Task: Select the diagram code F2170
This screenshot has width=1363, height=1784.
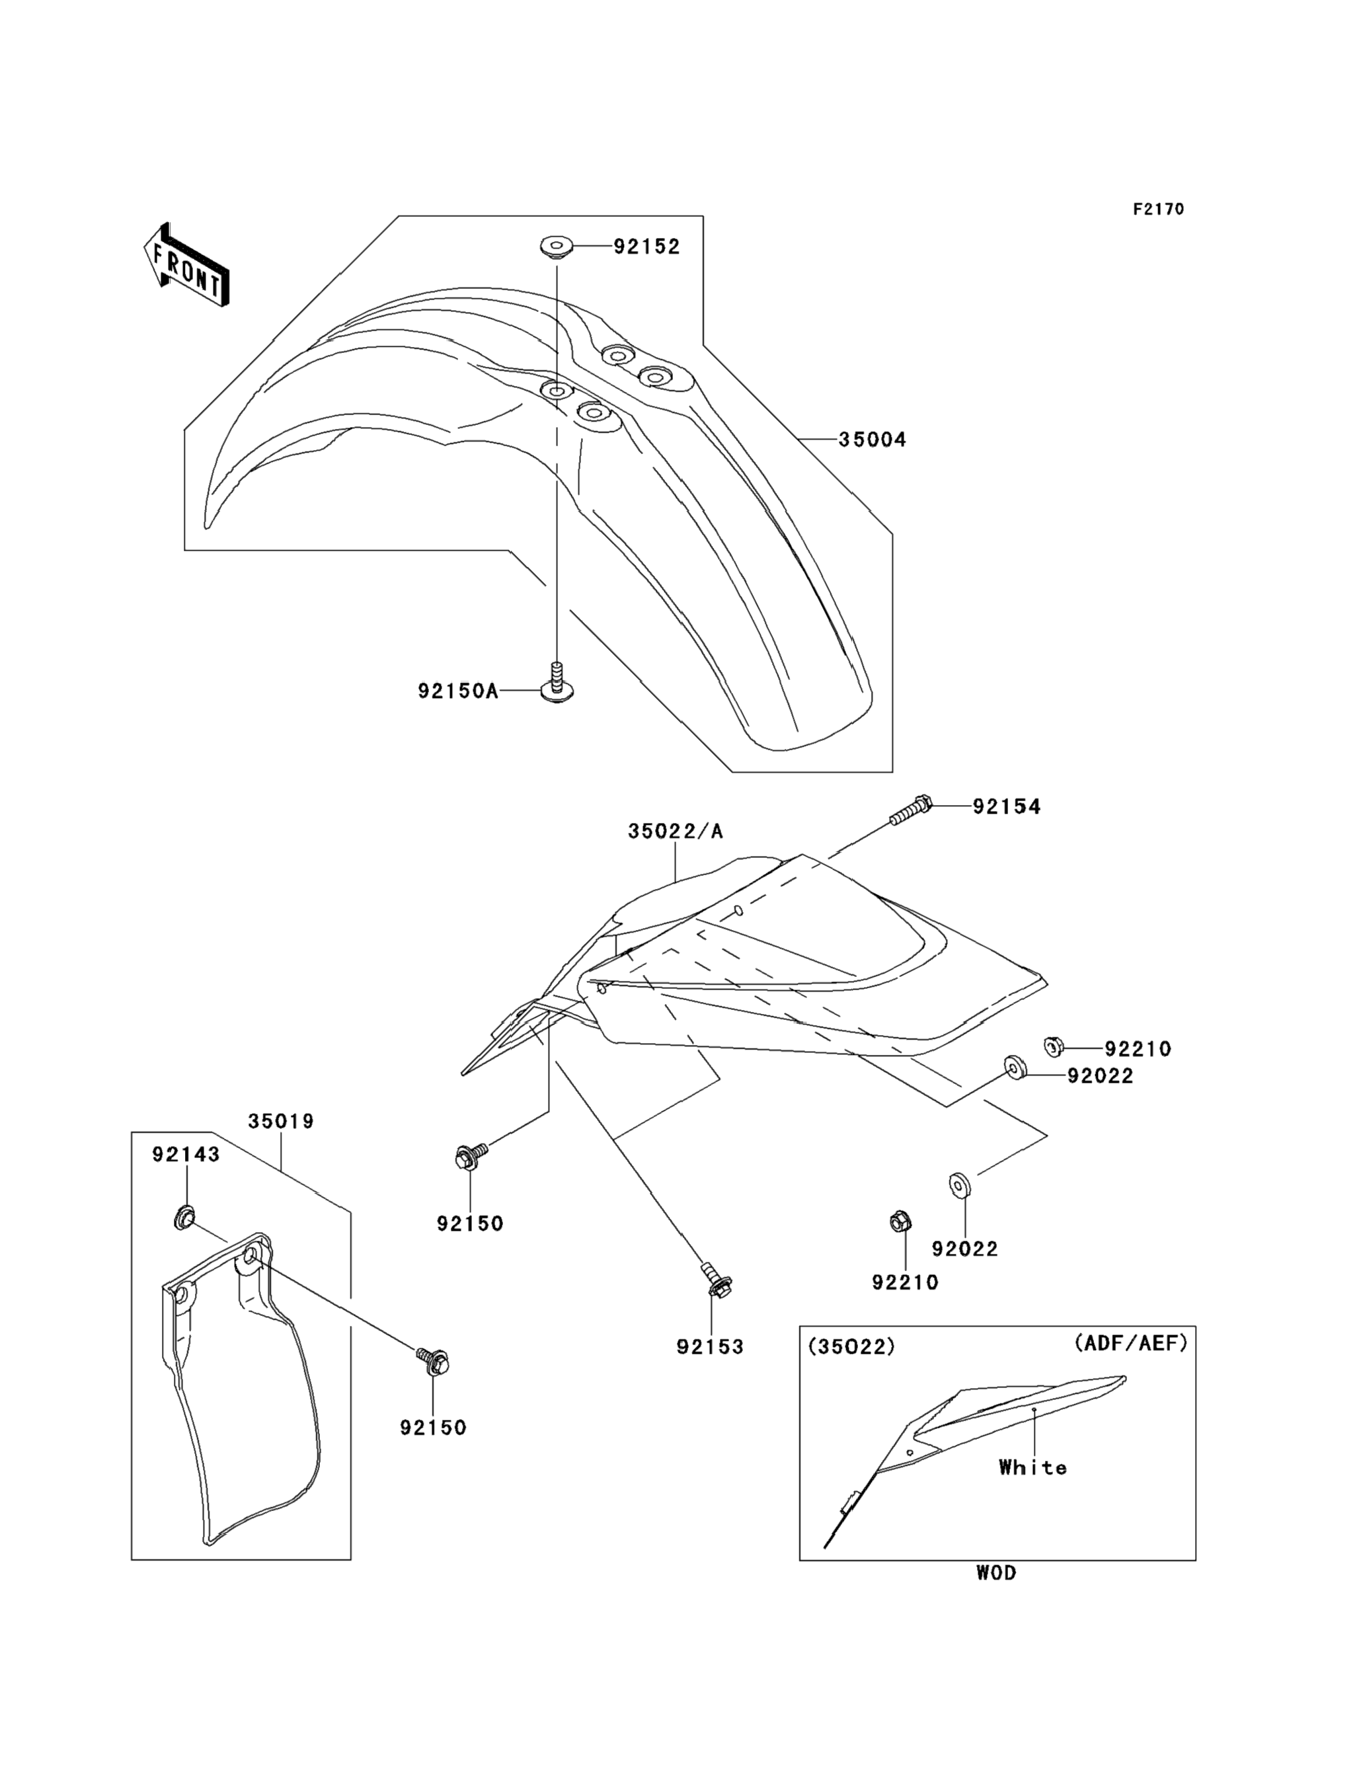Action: [x=1157, y=210]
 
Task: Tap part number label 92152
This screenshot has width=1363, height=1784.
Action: [x=646, y=247]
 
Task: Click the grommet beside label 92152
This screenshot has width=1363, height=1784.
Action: [x=557, y=246]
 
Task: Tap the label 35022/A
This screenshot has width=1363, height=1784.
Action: [x=675, y=832]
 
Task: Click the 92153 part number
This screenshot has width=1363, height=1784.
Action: [x=710, y=1346]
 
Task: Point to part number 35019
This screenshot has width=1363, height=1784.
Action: [x=281, y=1121]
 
